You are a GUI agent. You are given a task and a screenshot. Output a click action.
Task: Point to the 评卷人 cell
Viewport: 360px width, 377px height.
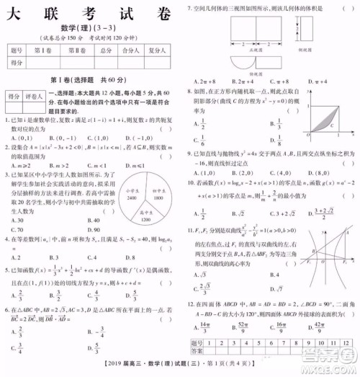click(x=37, y=95)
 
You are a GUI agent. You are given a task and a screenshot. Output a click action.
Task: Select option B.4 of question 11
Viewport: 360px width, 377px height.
click(x=278, y=275)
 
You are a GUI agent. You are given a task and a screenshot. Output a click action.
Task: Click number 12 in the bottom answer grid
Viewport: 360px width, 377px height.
click(x=346, y=343)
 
